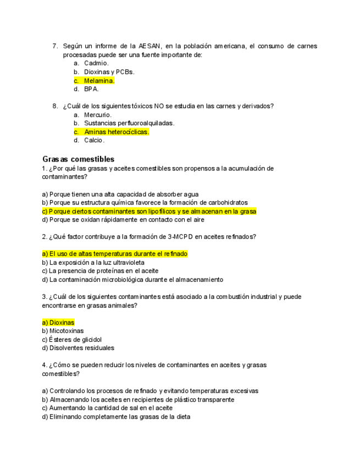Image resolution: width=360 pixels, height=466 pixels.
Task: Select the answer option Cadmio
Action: [x=96, y=63]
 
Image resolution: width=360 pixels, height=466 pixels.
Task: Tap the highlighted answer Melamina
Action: [x=99, y=81]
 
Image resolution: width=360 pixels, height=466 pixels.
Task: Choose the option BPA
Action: [x=91, y=89]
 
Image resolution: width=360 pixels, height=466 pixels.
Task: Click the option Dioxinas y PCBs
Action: [x=109, y=72]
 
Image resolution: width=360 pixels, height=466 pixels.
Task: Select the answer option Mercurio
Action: [x=98, y=115]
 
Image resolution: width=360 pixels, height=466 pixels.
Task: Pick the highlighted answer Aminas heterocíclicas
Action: [x=117, y=132]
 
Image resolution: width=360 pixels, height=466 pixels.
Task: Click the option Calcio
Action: [x=94, y=140]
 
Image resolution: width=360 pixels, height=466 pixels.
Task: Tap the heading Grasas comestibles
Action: [x=78, y=159]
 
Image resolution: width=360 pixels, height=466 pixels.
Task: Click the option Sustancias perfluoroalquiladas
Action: [x=129, y=123]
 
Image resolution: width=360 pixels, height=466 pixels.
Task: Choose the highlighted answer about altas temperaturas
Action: [x=115, y=254]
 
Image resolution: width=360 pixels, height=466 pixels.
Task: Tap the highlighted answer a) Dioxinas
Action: [x=58, y=323]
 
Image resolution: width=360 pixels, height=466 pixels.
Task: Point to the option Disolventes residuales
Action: [x=78, y=348]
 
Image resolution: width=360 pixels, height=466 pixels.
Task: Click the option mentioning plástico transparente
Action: [x=138, y=400]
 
